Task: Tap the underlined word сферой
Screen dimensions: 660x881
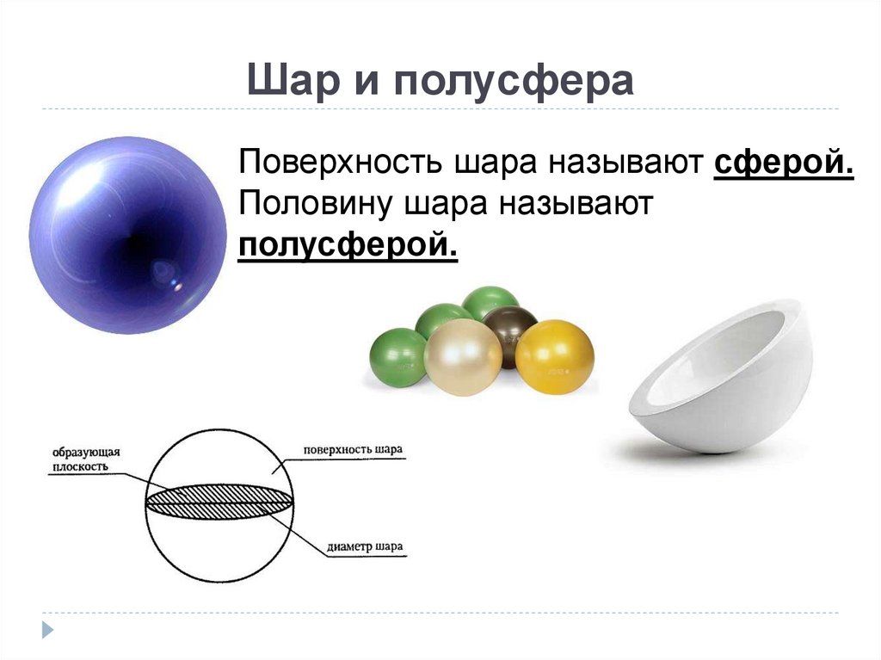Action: [783, 163]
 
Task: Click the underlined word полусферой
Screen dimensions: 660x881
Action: [348, 246]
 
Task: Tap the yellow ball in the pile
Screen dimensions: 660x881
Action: [555, 356]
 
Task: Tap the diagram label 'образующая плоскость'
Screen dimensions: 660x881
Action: [84, 459]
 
